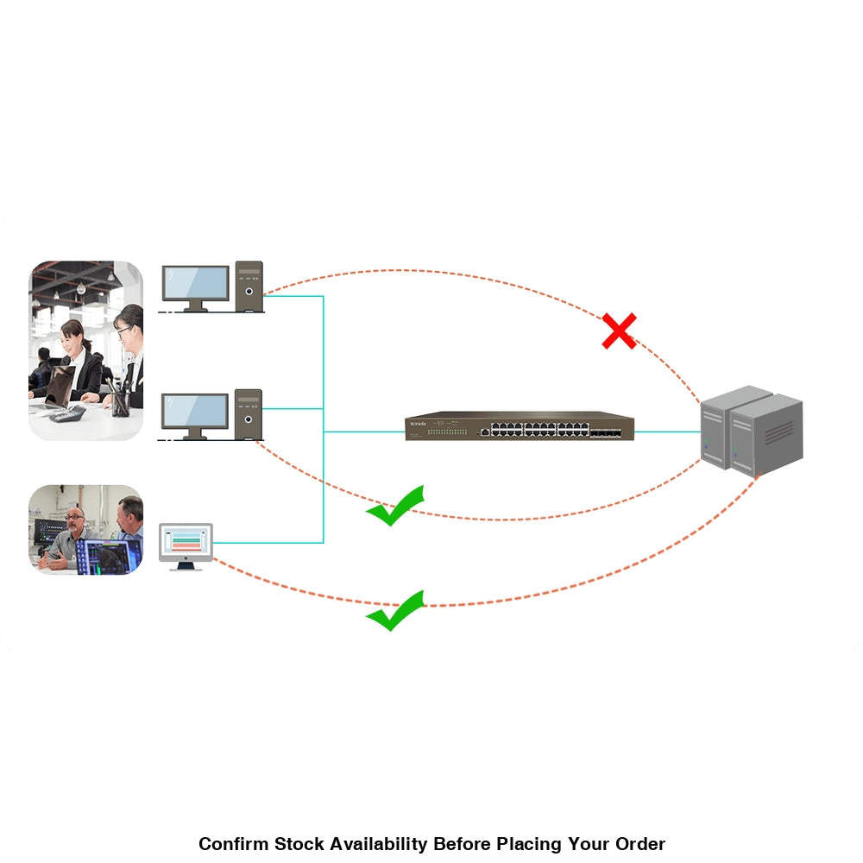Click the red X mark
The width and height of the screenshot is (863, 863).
point(619,331)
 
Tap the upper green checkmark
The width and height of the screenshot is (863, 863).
point(396,506)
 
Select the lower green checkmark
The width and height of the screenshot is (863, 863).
point(396,611)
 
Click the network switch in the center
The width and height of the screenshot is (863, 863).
point(520,426)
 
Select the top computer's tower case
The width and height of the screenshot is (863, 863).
point(249,285)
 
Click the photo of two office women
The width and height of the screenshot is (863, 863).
point(85,350)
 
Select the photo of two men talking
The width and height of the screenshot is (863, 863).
point(85,530)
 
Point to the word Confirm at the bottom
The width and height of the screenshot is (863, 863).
point(232,844)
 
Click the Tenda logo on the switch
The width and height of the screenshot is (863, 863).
point(419,422)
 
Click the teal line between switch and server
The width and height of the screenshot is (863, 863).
point(667,431)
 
